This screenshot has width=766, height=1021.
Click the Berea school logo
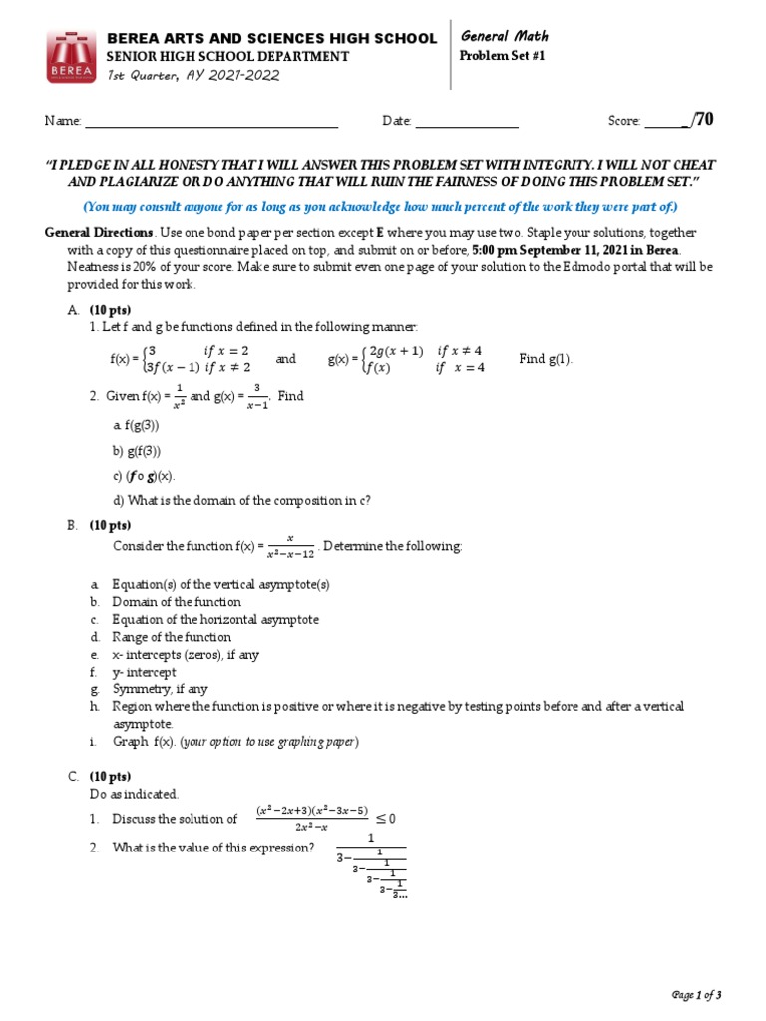(x=72, y=57)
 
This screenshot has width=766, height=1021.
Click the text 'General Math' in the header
(x=504, y=36)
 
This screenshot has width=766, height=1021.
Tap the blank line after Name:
(x=210, y=124)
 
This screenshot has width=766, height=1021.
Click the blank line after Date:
(x=466, y=124)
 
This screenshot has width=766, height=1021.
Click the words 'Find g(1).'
(x=546, y=359)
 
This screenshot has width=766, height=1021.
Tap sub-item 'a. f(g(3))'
(x=136, y=425)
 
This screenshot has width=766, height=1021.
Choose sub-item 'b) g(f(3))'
(x=137, y=451)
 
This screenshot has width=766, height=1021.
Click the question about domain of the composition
(x=242, y=500)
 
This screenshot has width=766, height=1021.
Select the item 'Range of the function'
(x=171, y=637)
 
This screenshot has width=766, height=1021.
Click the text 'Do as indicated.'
(x=134, y=794)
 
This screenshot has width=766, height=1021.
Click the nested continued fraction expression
(x=371, y=866)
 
